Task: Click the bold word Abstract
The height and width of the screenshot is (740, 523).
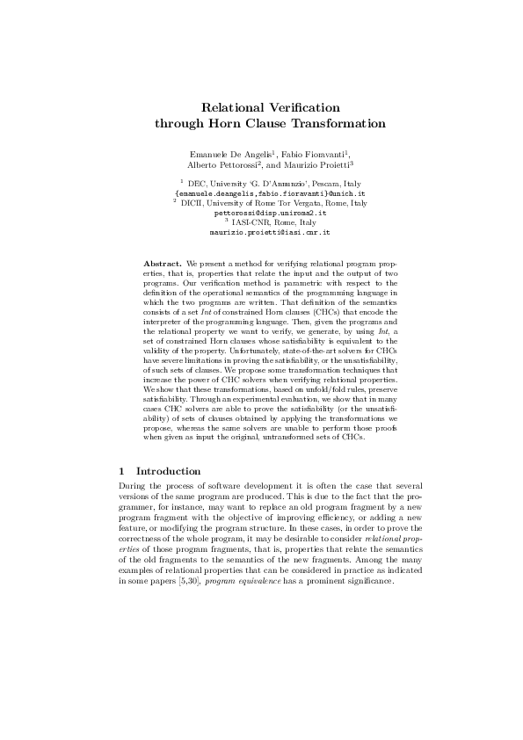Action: pyautogui.click(x=162, y=264)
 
